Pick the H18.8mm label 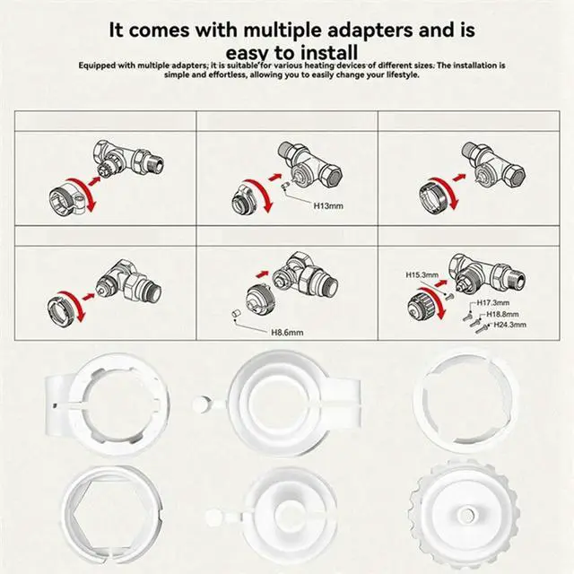tap(503, 314)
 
